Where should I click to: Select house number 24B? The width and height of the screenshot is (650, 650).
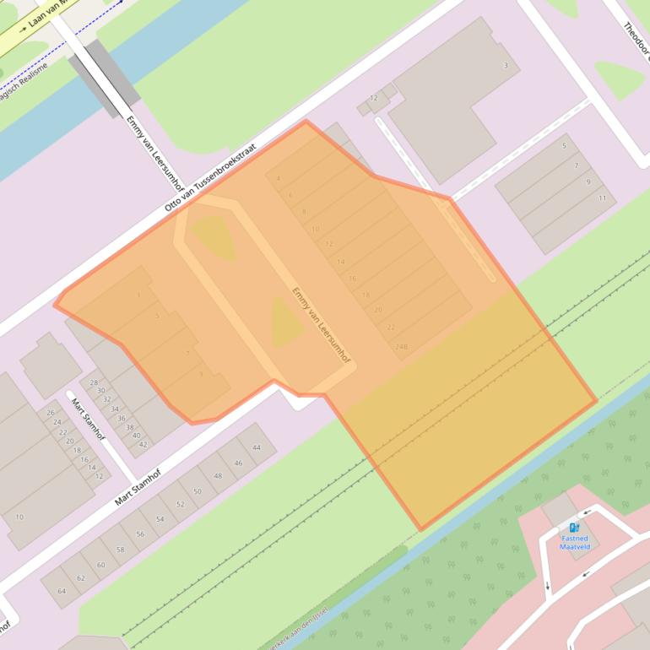[x=400, y=346]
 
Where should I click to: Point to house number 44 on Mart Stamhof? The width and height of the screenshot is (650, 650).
[x=257, y=447]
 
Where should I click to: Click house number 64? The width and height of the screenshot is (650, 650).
[x=62, y=591]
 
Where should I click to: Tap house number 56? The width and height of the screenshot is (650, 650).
[x=140, y=534]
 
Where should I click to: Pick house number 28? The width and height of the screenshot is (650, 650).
[x=94, y=382]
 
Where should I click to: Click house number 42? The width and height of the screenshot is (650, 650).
[x=143, y=444]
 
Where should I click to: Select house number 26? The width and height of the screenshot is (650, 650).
[x=51, y=412]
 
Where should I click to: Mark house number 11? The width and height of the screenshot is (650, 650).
[x=602, y=198]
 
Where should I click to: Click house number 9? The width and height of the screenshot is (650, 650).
[x=588, y=181]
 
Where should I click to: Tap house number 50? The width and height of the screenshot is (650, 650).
[x=197, y=491]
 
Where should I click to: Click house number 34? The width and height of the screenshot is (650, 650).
[x=115, y=409]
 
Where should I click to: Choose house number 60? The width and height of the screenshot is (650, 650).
[x=100, y=565]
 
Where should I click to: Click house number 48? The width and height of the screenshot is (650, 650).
[x=218, y=476]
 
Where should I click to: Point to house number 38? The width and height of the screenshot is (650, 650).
[x=129, y=427]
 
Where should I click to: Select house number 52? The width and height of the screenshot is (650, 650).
[x=180, y=504]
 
